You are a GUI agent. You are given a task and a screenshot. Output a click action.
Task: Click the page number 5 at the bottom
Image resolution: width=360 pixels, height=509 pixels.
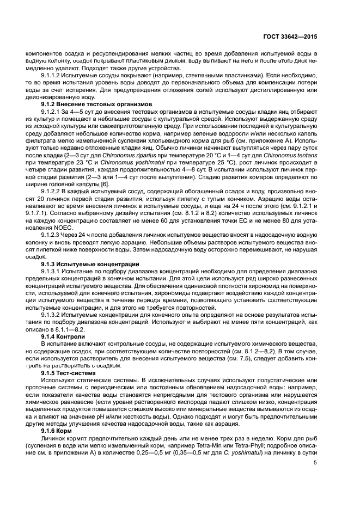click(315, 463)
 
